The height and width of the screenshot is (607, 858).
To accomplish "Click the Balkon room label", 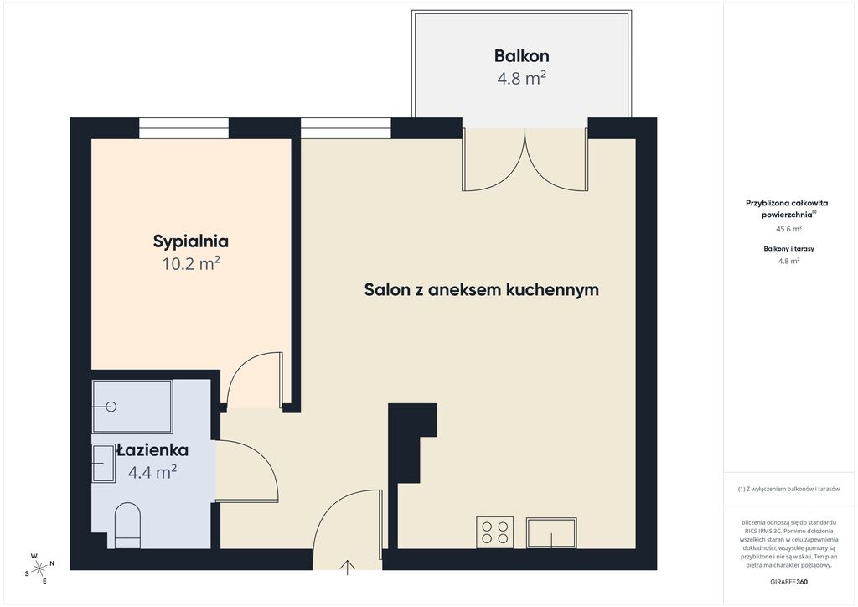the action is [521, 56].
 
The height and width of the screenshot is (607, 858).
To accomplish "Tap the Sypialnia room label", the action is [190, 241].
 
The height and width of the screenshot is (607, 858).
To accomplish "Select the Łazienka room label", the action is [152, 450].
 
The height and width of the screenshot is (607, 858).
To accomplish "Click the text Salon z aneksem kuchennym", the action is [482, 289].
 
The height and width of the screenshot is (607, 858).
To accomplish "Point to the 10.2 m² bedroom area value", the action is [191, 264].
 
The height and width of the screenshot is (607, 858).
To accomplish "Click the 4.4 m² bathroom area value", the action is [152, 471].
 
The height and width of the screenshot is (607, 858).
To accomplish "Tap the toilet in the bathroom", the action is [128, 526].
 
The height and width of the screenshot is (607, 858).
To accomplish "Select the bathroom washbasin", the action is [103, 464].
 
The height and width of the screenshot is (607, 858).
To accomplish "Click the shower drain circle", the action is [111, 406].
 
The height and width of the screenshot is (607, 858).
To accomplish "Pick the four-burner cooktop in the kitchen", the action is [494, 532].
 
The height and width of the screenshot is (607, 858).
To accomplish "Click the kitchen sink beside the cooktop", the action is [551, 532].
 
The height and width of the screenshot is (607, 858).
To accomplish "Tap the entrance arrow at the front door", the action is [347, 568].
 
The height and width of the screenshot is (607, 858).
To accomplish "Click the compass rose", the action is [39, 568].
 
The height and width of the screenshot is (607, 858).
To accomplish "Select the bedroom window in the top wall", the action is [183, 128].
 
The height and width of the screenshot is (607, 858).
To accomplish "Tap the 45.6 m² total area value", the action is [788, 229].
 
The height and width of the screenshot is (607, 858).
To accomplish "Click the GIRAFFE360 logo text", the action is [788, 582].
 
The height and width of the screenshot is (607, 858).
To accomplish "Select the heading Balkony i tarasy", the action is [788, 248].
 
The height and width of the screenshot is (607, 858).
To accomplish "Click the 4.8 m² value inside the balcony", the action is [521, 78].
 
